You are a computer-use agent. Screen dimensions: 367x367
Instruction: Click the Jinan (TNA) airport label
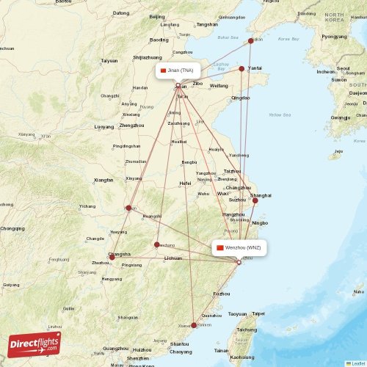pos(177,70)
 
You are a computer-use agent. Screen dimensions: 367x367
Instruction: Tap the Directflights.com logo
pos(35,344)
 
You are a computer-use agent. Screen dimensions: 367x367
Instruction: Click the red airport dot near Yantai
pos(241,69)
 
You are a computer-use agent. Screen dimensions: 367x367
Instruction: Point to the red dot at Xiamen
pos(194,324)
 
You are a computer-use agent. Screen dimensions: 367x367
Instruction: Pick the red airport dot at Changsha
pos(112,257)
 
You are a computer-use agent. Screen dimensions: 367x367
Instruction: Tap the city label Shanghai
pos(261,195)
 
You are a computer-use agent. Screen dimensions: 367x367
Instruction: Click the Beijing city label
pos(157,16)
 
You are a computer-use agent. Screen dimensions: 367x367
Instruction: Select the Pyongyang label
pos(334,36)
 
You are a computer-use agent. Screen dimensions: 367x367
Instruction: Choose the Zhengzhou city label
pos(131,126)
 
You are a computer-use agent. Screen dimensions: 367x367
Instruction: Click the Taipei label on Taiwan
pos(258,313)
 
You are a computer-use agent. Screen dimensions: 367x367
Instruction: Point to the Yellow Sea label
pos(280,115)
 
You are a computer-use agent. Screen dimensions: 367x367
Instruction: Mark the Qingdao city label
pos(241,98)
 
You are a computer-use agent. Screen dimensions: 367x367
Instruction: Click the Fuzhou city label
pos(221,294)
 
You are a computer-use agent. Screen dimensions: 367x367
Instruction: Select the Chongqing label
pos(12,228)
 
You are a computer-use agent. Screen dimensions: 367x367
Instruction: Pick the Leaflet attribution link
pos(357,363)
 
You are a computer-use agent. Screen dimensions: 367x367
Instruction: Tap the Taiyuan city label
pos(109,60)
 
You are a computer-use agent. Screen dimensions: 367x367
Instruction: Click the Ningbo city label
pos(260,222)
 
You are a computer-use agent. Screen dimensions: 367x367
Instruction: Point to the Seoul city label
pos(343,69)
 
